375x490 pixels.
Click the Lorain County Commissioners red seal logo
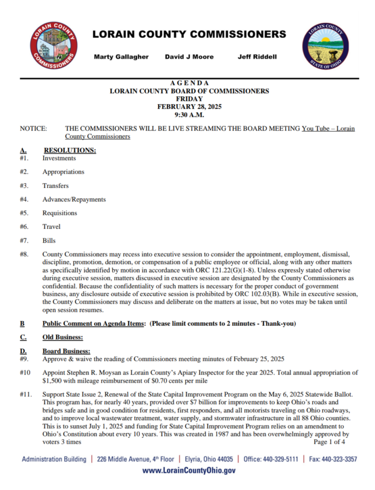(53, 46)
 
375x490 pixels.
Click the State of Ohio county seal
(325, 47)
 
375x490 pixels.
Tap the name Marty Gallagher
(121, 57)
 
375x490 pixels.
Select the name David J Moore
(189, 57)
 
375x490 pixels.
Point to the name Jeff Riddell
(257, 57)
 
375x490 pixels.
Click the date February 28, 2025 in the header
(189, 107)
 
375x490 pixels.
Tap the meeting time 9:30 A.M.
(189, 115)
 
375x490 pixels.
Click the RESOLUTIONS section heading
(69, 151)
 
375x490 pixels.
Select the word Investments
(59, 158)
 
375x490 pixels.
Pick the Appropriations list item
(63, 172)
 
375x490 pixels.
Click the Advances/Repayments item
(74, 199)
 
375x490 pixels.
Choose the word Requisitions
(60, 213)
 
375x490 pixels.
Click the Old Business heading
(63, 337)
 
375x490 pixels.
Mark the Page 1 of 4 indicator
(329, 442)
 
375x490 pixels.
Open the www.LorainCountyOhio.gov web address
(189, 471)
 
